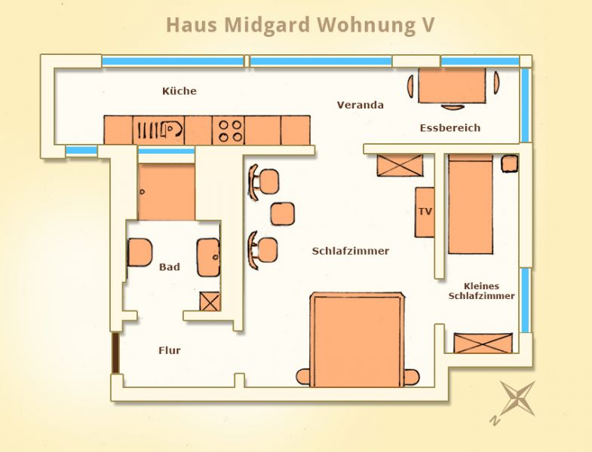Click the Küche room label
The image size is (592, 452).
click(x=179, y=91)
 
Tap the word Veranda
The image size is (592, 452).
click(x=360, y=105)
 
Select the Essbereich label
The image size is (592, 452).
click(x=450, y=128)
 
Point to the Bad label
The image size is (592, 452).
click(x=170, y=267)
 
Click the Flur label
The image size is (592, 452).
click(x=170, y=350)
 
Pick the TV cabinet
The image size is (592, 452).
click(x=425, y=212)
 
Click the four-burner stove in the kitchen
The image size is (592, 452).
click(x=229, y=130)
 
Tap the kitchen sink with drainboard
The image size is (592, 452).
click(x=159, y=130)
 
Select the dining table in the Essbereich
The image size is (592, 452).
click(x=452, y=86)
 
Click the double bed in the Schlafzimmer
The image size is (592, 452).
click(x=357, y=340)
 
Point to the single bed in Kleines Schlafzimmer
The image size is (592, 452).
click(x=471, y=204)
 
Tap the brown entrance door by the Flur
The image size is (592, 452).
click(x=115, y=353)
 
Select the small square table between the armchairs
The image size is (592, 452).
click(x=282, y=214)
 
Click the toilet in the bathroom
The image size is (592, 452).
click(x=140, y=252)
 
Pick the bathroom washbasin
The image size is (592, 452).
click(x=208, y=257)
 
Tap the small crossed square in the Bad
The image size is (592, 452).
click(x=210, y=301)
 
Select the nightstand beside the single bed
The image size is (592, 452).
click(x=509, y=163)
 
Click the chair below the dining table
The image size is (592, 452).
click(x=452, y=107)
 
